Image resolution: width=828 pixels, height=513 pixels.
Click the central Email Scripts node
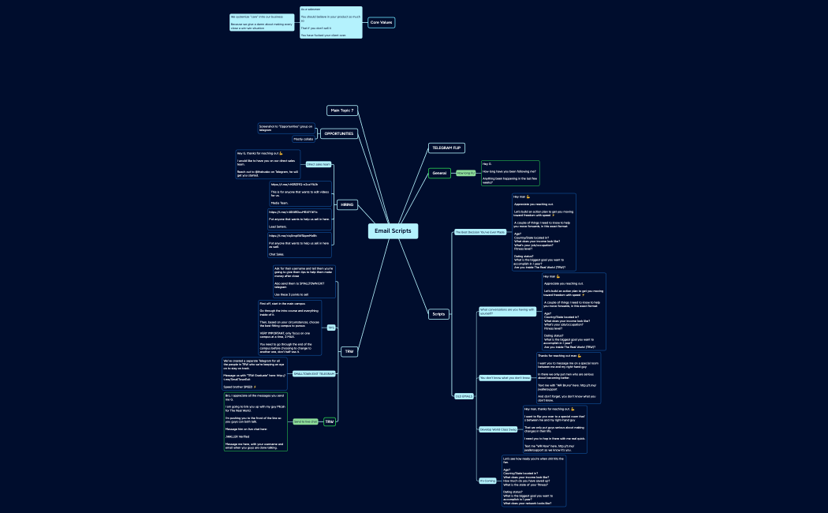click(392, 231)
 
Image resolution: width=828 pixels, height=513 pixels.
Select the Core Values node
click(381, 22)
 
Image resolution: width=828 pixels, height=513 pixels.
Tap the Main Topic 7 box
click(342, 110)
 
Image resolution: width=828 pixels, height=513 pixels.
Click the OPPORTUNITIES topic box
click(339, 133)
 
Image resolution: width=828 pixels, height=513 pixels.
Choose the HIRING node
click(347, 205)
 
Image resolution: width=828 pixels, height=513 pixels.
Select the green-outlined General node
click(439, 173)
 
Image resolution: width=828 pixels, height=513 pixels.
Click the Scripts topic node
click(438, 314)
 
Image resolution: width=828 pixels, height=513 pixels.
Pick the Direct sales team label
click(318, 165)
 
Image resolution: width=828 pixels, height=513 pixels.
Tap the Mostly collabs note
click(304, 139)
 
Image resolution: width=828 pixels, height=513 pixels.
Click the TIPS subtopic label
click(331, 327)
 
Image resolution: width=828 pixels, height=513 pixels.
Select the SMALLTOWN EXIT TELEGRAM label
click(314, 373)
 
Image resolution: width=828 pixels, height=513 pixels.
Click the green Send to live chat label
click(305, 421)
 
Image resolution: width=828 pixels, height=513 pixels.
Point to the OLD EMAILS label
click(464, 395)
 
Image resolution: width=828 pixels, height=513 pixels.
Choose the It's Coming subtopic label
click(487, 480)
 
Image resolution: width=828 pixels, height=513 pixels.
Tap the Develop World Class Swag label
click(498, 429)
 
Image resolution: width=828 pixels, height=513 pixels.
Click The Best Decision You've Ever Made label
click(479, 232)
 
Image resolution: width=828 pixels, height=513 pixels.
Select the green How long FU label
click(466, 173)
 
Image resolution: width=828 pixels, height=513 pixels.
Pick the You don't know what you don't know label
click(505, 378)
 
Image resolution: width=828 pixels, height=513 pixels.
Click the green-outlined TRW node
click(330, 421)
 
